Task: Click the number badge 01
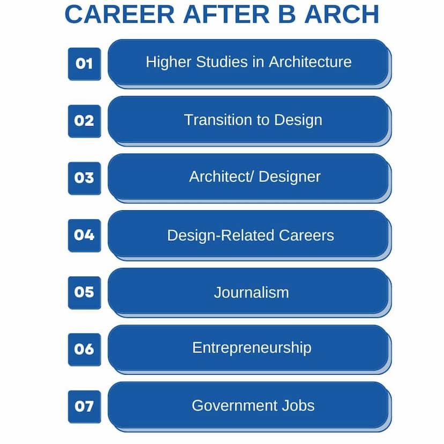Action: pos(84,64)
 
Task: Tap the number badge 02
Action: pos(84,121)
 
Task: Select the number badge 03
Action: pos(84,179)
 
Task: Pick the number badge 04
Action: pos(84,235)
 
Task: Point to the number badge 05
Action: pos(84,293)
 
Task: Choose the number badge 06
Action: pos(84,350)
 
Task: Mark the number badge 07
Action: pos(84,407)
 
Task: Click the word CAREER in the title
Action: pos(120,14)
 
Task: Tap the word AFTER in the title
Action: pos(226,14)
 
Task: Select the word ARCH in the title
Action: pos(342,14)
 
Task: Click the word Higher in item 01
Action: pos(168,62)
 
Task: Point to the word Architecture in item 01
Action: pos(310,62)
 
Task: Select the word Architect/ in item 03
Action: pos(221,177)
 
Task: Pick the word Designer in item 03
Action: pos(290,177)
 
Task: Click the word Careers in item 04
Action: pos(306,235)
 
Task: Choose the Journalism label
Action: pos(251,292)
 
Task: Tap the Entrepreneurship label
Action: pos(251,348)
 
